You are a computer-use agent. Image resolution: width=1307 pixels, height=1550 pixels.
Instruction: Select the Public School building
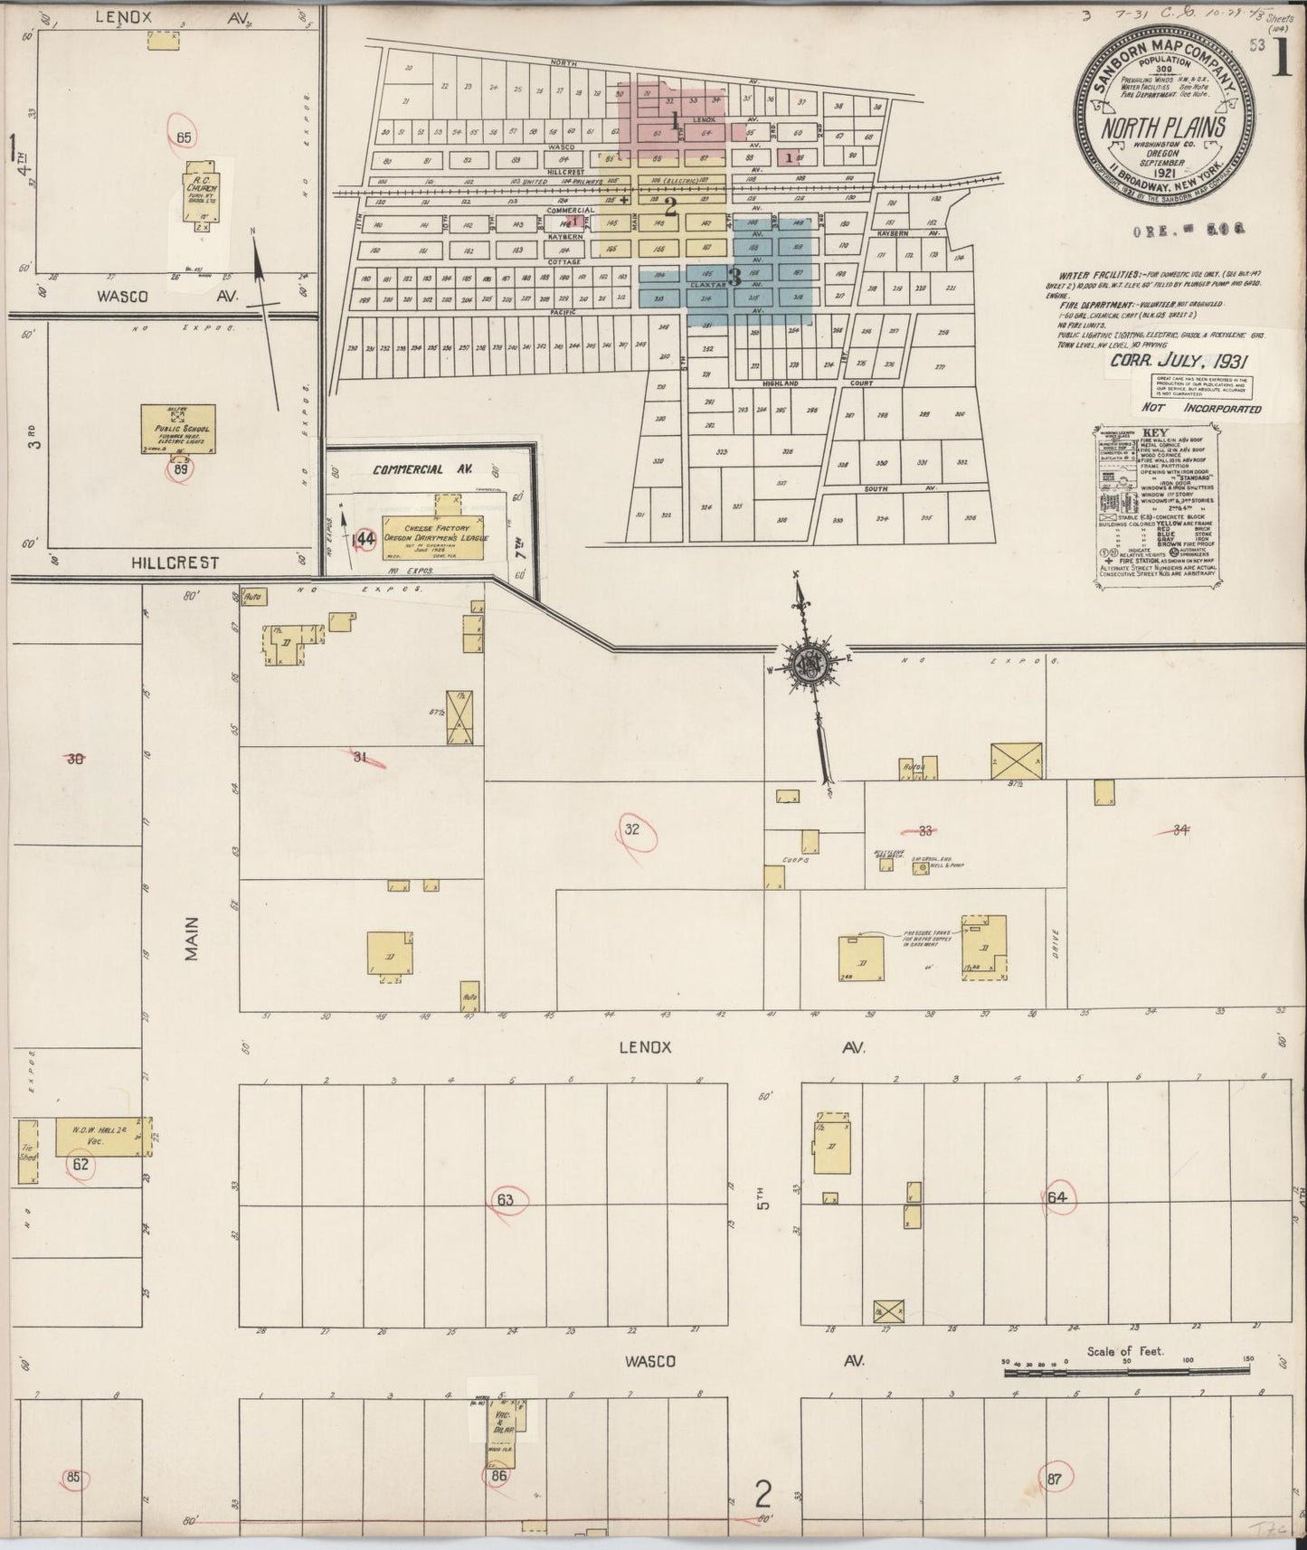[178, 428]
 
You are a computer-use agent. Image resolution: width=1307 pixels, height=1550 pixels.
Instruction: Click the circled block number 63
[505, 1200]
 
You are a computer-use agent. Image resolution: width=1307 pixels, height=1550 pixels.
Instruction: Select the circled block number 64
[1058, 1197]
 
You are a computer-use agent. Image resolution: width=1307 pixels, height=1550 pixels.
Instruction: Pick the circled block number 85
[73, 1478]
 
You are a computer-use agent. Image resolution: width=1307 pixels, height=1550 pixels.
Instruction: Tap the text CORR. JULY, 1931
[1179, 359]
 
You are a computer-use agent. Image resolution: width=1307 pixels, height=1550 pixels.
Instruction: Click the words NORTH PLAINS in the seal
[1163, 128]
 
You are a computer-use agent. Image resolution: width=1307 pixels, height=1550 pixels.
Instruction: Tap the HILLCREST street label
[175, 562]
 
